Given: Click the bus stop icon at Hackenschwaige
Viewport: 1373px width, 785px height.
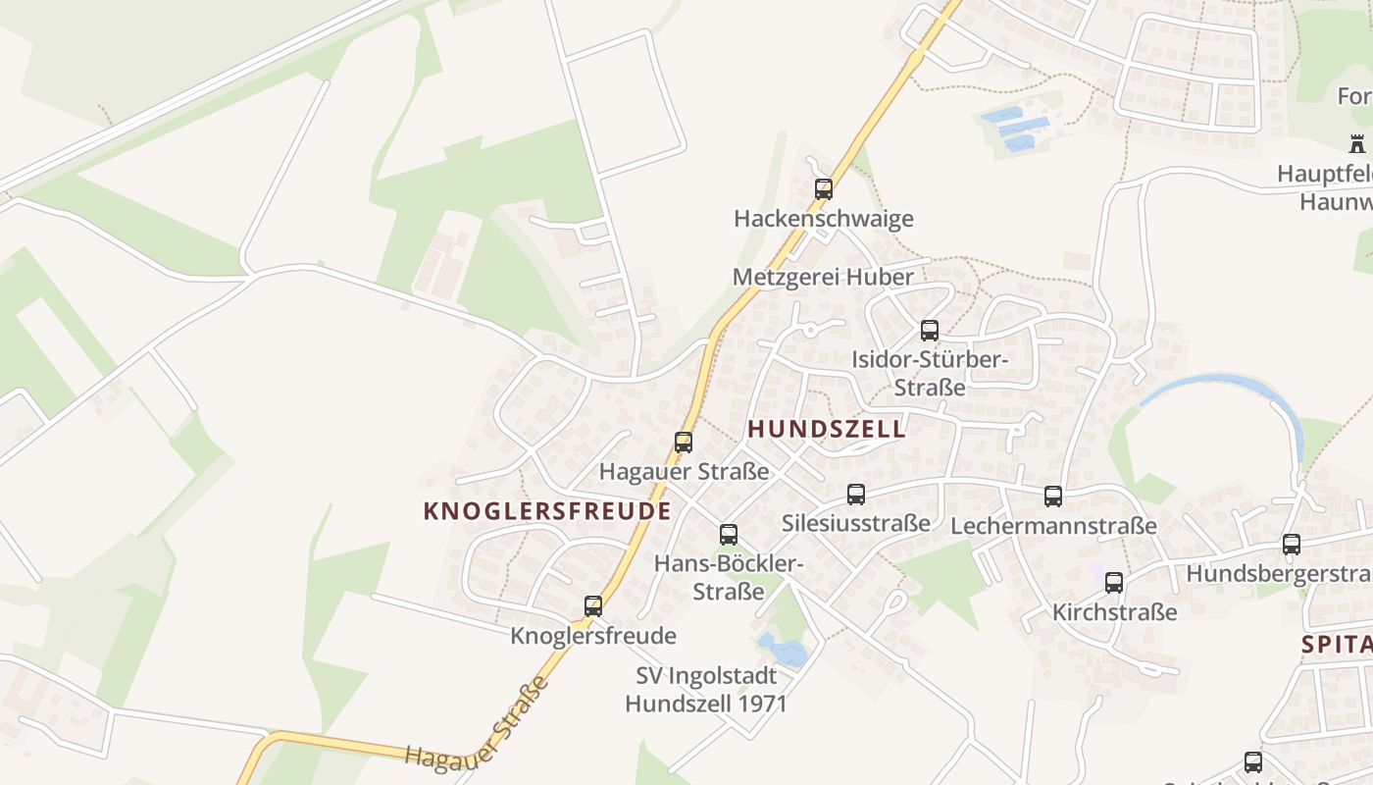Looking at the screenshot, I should (824, 189).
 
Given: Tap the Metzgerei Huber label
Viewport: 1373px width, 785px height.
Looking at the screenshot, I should (823, 277).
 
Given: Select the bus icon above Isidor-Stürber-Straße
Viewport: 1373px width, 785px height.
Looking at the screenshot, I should (930, 331).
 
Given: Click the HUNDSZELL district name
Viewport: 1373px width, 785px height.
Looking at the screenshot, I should (827, 429).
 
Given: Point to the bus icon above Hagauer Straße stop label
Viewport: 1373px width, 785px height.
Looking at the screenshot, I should (684, 443).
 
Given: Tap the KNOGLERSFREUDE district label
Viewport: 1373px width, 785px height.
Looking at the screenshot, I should (547, 511).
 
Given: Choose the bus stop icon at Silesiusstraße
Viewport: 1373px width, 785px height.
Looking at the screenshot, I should (856, 495).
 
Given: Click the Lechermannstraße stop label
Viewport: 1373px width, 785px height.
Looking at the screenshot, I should (1053, 526).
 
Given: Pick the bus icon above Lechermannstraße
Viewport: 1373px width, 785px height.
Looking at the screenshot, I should (1053, 497).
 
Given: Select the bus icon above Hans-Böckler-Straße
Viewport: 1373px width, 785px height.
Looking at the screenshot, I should (729, 535).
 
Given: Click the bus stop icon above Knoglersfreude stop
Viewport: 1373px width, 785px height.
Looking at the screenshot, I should (593, 606).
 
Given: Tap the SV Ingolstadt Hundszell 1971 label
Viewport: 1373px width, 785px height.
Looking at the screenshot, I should (706, 690).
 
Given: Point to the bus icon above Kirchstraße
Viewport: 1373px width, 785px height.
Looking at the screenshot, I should (1114, 583).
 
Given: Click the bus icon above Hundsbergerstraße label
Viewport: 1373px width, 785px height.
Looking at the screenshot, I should (1292, 545).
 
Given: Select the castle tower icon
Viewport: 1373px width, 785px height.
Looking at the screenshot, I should (1357, 144).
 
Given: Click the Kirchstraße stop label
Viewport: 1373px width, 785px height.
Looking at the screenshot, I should (1114, 612).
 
